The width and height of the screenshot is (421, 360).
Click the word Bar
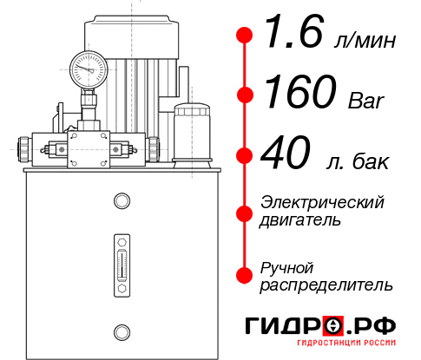point(365,101)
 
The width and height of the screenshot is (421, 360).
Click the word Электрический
point(322,202)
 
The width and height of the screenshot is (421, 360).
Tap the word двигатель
point(300,220)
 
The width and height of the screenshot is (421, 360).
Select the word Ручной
point(287,266)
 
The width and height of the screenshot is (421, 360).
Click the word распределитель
point(326,285)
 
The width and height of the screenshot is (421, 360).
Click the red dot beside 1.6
point(246,36)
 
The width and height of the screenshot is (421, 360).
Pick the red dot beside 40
point(246,156)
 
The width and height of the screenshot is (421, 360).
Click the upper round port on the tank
point(121,202)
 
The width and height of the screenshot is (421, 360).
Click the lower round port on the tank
point(121,330)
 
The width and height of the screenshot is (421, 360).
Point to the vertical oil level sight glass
point(121,264)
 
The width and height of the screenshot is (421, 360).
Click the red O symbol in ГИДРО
point(334,326)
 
